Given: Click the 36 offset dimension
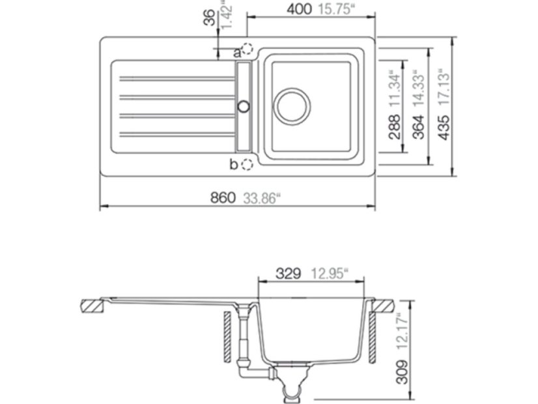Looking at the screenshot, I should coord(209,18).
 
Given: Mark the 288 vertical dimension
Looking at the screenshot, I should coord(393,128).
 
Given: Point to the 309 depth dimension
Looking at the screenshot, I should coord(402,374).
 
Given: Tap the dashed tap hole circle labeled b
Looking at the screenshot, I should coord(248,164).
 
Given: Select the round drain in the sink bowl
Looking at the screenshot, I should coord(291,105).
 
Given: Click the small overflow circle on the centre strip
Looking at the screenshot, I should coord(244,106).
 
